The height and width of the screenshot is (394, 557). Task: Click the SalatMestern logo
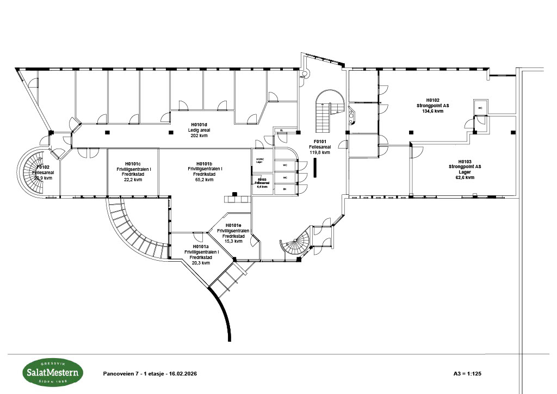pos(53,373)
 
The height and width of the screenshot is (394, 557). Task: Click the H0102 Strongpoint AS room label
pos(433,103)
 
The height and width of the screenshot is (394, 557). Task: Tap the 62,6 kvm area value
pos(464,177)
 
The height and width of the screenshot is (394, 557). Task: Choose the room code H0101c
pos(133,164)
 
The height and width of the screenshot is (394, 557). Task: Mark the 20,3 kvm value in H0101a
pos(201,262)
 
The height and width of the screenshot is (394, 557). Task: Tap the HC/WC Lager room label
pos(259,160)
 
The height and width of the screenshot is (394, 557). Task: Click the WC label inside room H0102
pos(480,108)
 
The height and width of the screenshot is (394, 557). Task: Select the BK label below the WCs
pos(284,189)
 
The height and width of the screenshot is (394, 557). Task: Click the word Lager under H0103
pos(464,172)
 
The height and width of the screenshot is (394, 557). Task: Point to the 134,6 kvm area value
pos(433,110)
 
